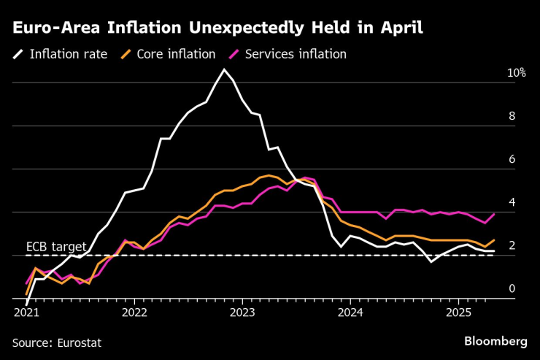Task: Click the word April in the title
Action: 398,28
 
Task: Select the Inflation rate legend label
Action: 69,54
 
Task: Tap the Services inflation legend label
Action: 296,54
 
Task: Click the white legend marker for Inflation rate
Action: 18,54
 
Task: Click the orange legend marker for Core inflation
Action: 127,54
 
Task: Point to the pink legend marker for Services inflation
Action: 235,54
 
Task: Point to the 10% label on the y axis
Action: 517,73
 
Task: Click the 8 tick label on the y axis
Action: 512,116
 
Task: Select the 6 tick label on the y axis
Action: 512,159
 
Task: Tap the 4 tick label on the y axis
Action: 512,202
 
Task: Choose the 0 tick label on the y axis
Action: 512,289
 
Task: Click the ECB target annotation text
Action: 56,246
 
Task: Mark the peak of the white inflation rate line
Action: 224,69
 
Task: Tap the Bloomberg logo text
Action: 496,341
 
